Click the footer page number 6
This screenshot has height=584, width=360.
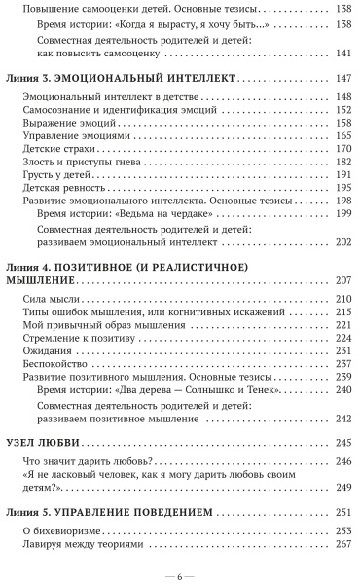tap(180, 572)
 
